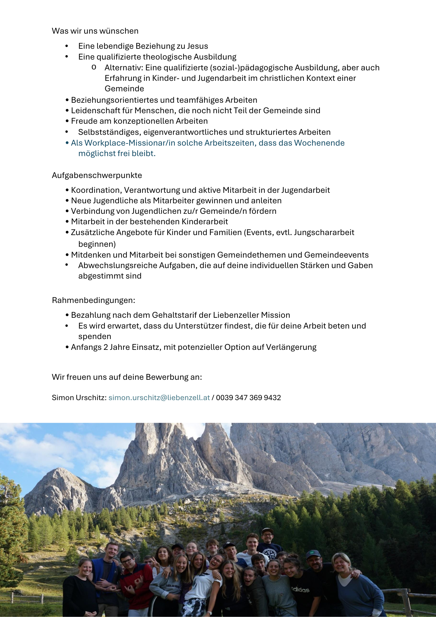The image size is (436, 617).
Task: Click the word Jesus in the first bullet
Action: click(197, 46)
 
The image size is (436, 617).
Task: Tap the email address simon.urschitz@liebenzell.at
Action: click(159, 398)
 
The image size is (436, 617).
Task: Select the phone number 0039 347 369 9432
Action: click(248, 398)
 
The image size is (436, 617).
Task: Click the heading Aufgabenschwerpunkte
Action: click(97, 175)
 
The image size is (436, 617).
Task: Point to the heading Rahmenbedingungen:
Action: click(93, 300)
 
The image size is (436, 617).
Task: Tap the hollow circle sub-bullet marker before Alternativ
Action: click(94, 67)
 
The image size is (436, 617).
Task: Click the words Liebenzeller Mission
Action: click(251, 315)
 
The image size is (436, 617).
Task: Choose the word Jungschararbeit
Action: click(324, 232)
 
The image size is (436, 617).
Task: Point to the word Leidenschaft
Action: click(96, 110)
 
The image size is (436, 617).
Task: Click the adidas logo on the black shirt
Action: click(300, 590)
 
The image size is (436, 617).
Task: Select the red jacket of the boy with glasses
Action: click(136, 580)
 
